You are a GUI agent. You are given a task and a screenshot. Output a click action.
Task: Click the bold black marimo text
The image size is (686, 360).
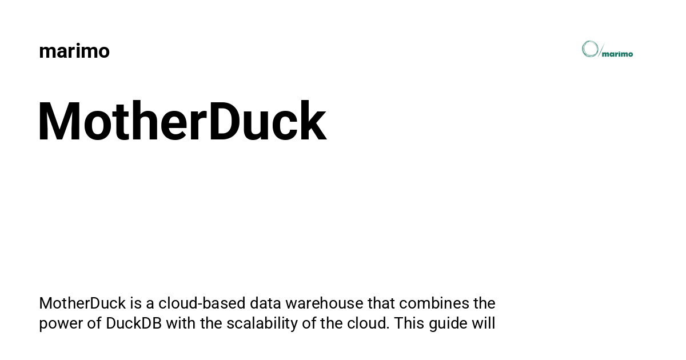coord(74,51)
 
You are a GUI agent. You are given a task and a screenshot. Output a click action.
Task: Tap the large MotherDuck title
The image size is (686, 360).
coord(182,121)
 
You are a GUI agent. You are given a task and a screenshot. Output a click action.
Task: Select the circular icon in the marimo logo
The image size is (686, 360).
coord(590,49)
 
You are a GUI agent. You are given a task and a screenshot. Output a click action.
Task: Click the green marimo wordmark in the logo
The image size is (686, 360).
coord(617,54)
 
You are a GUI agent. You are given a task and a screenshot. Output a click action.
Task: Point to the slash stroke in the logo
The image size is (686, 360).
coord(601,50)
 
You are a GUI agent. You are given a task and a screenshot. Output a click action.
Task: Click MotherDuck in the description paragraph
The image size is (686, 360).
coord(82,303)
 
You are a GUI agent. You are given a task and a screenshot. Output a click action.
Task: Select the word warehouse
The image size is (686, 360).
coord(324,303)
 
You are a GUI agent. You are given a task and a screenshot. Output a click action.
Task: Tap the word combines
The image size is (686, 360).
coord(434,303)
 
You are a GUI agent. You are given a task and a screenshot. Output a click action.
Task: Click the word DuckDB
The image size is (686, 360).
coord(134,323)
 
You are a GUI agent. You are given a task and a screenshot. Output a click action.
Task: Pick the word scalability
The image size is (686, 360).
coord(262,324)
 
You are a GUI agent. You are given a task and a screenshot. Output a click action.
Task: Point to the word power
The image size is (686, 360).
coord(61,325)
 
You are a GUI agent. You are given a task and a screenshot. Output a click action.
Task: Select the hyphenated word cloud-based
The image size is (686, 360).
coord(202,303)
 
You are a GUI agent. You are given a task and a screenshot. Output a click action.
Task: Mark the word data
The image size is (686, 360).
coord(265,303)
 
